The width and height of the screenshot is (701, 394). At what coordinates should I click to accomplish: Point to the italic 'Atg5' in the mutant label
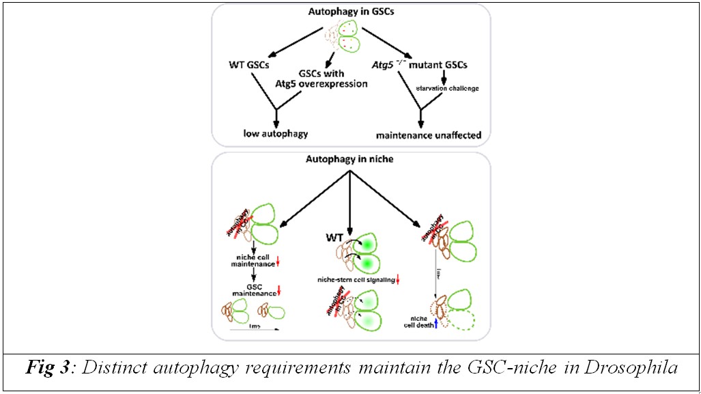[x=389, y=66]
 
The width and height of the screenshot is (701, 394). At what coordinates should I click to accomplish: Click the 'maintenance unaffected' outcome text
[x=433, y=135]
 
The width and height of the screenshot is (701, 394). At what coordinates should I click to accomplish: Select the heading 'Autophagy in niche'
[x=350, y=160]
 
